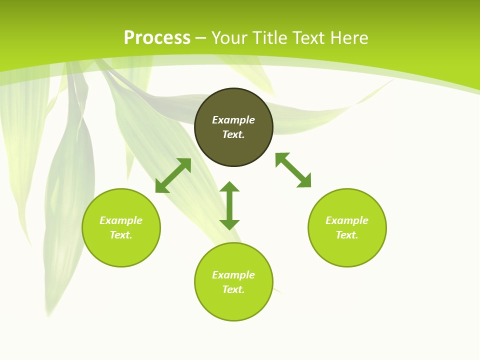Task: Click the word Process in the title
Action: coord(157,38)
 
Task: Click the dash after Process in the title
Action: coord(201,38)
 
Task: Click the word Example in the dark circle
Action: coord(233,120)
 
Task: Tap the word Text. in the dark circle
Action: coord(233,134)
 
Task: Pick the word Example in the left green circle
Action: coord(121,220)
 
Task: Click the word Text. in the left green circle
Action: coord(121,235)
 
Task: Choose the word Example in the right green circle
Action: coord(347,220)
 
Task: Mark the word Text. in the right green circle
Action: coord(347,235)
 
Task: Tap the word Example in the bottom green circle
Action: coord(233,275)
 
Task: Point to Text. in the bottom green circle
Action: coord(233,289)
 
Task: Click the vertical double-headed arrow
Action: coord(229,205)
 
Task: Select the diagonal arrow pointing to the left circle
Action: coord(173,175)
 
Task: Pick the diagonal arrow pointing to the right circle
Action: coord(293,170)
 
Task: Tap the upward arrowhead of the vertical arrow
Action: coord(229,186)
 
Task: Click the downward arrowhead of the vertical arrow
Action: coord(229,224)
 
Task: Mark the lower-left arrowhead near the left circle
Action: coord(161,187)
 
